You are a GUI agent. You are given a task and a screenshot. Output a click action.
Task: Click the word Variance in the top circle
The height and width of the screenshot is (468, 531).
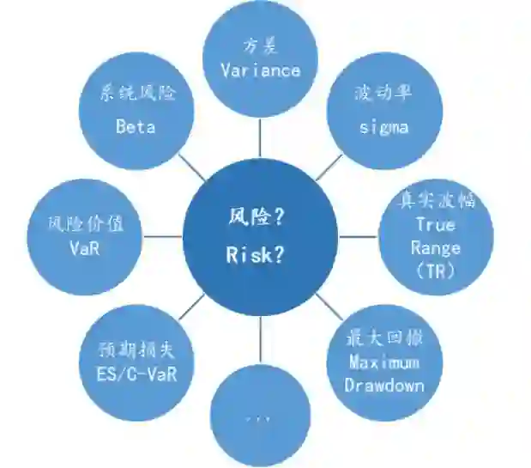tap(259, 70)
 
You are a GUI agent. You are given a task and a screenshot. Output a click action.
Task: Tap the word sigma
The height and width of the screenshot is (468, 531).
tap(383, 127)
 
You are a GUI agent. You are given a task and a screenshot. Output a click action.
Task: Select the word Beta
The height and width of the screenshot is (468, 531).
tap(136, 126)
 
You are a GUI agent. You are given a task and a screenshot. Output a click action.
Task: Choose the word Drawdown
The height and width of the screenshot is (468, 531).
tap(384, 385)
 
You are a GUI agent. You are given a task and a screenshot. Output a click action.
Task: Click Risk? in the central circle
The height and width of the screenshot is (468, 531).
tap(256, 254)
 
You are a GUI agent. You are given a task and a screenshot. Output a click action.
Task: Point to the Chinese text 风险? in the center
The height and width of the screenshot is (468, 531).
tap(256, 218)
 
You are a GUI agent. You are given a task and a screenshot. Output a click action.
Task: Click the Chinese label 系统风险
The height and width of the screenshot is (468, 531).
tap(136, 93)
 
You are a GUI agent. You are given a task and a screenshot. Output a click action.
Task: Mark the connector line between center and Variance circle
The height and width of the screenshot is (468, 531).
tap(259, 137)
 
